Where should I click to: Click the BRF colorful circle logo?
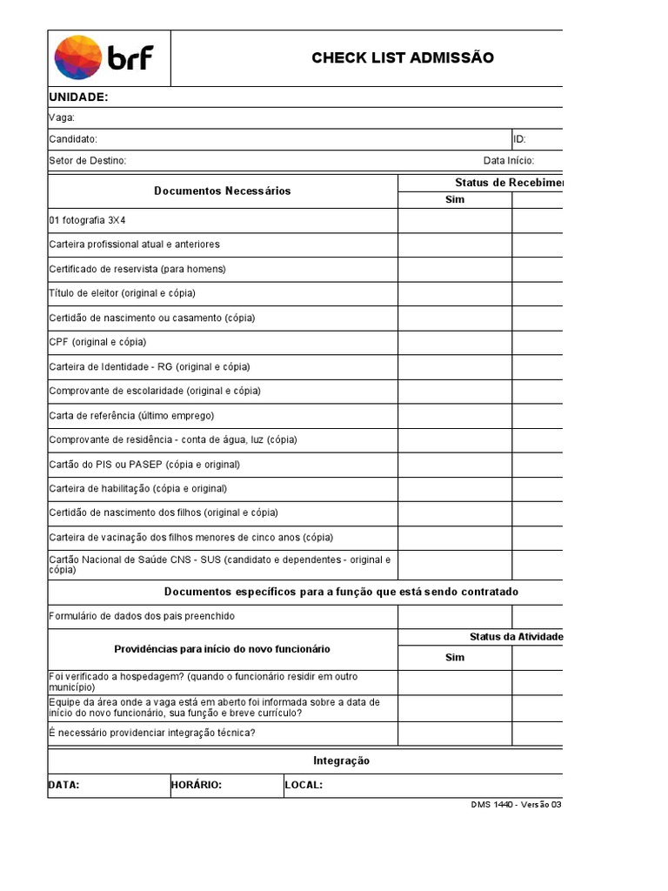tap(77, 58)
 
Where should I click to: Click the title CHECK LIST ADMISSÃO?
tap(403, 57)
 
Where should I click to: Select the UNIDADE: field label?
tap(78, 97)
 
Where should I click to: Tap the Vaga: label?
tap(62, 117)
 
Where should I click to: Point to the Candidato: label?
tap(73, 139)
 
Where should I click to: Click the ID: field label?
tap(519, 139)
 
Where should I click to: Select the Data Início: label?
tap(509, 161)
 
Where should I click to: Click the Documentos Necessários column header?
tap(223, 191)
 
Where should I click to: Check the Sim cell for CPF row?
tap(455, 342)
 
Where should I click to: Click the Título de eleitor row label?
tap(123, 293)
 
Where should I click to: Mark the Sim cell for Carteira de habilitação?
tap(455, 488)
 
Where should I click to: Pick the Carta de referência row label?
tap(131, 415)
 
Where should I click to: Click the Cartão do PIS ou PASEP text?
tap(144, 464)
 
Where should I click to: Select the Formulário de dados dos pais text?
tap(142, 616)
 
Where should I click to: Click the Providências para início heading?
tap(223, 649)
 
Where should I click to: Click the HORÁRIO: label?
tap(197, 785)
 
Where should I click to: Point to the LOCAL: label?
tap(304, 785)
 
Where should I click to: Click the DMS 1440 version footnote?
tap(517, 805)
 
